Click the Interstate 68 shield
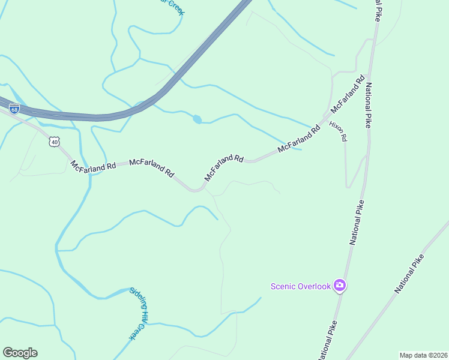14,109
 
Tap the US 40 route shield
55,142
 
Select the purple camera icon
340,286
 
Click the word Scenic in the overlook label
283,286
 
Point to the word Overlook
314,286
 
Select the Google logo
20,353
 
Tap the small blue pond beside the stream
197,119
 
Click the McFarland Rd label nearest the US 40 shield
93,166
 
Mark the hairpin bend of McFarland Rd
195,190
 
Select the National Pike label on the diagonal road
410,274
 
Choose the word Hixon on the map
335,127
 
